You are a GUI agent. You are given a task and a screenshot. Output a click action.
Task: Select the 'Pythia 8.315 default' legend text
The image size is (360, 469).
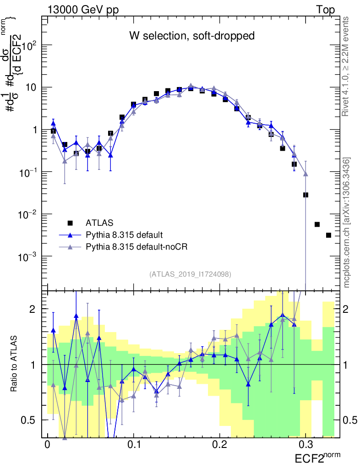click(124, 235)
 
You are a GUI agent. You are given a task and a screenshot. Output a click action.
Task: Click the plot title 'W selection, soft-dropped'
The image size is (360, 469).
click(191, 35)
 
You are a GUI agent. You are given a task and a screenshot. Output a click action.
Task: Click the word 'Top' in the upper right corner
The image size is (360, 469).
click(325, 10)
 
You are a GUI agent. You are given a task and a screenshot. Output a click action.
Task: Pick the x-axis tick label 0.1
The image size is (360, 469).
click(134, 445)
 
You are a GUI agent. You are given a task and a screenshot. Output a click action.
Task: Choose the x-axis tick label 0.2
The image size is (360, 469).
click(220, 445)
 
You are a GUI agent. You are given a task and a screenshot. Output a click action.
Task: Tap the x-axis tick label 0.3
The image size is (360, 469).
click(306, 445)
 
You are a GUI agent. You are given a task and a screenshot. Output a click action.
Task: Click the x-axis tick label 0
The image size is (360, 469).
click(47, 445)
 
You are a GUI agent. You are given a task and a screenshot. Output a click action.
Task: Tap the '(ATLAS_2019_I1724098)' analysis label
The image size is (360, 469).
click(190, 274)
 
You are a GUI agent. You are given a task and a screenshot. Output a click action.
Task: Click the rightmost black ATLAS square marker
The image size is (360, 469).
click(328, 235)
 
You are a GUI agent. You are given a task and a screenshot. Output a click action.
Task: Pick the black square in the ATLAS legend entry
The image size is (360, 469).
click(70, 223)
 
